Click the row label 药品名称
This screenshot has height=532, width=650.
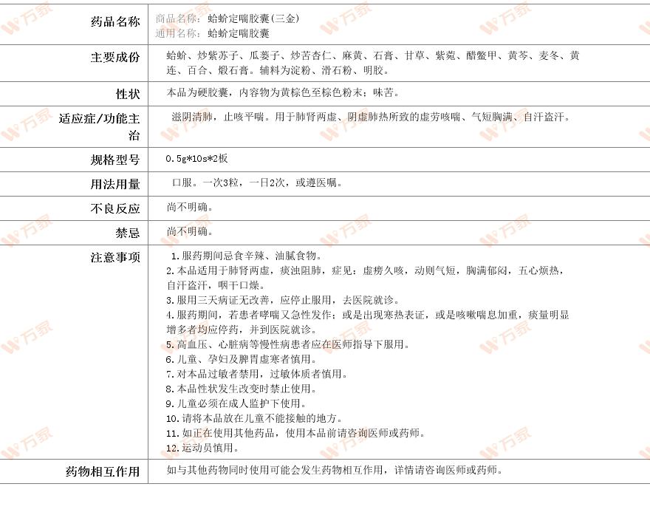(114, 22)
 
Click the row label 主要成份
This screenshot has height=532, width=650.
(114, 58)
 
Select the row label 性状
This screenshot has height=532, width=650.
(127, 95)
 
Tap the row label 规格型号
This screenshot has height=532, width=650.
(114, 160)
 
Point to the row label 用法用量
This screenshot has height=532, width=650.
(114, 184)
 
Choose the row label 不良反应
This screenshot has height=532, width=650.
(114, 208)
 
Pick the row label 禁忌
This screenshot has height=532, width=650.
(127, 233)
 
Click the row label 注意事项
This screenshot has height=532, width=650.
(114, 257)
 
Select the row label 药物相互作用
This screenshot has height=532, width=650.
(103, 471)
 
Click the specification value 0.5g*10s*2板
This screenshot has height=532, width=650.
(196, 159)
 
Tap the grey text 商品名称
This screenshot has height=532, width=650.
(177, 18)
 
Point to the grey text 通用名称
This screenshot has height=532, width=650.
(177, 33)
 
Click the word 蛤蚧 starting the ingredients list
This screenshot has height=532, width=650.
(177, 55)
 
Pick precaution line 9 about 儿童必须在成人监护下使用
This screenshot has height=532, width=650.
(236, 403)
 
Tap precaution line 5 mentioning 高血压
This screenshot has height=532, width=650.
(287, 344)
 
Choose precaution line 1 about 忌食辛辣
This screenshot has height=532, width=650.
(247, 256)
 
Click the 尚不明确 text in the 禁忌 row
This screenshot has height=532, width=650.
(190, 231)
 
